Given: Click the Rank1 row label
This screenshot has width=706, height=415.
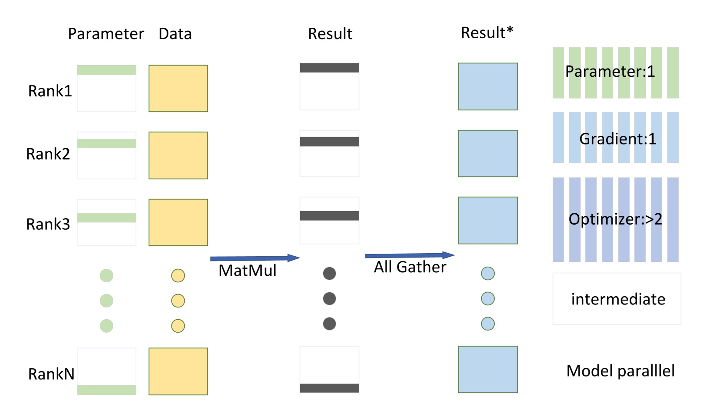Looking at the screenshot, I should coord(49,91).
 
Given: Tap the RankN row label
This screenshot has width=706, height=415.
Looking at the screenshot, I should coord(51,374).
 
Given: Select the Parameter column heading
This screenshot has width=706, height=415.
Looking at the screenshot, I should coord(105,34).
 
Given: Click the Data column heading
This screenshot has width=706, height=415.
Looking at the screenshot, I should coord(175,34).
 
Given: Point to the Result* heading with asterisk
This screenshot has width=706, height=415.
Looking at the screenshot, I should coord(487,33).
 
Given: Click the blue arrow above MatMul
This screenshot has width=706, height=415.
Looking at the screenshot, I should coord(255,258).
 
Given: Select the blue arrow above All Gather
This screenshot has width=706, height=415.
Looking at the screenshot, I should coord(410,255).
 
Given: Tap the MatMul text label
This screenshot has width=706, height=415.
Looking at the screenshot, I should coord(247,271).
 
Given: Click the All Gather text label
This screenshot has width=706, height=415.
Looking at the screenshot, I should coord(410,267).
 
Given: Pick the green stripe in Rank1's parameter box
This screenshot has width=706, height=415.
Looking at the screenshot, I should coord(107,70).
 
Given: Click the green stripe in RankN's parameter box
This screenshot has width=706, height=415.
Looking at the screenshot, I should coord(107,390).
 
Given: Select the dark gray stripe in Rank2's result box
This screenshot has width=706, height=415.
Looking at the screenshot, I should coord(329,141).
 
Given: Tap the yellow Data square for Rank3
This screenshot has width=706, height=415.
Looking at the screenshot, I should coord(178,222).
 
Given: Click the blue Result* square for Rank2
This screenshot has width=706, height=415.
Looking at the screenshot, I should coord(488,154).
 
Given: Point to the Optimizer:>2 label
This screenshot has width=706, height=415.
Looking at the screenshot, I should coord(615,219).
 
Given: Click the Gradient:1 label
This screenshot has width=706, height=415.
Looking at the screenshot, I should coord(617,139).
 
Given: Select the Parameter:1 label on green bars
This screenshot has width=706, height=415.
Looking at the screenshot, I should coord(610,72).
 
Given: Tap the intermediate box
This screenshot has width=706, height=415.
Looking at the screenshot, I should coord(617,299).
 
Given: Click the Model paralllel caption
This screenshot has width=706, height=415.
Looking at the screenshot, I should coord(620,371).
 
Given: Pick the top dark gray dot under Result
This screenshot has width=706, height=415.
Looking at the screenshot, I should coord(329,273).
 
